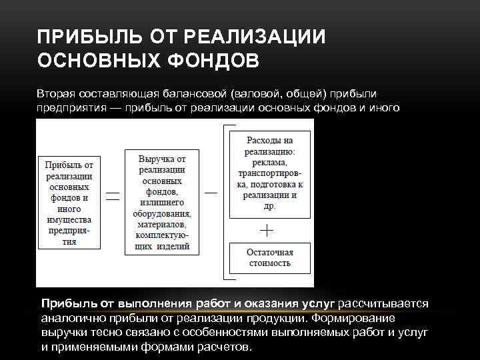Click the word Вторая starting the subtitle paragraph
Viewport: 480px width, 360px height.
56,94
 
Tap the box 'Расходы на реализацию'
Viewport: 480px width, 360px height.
269,173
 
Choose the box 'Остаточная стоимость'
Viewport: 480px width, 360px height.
269,257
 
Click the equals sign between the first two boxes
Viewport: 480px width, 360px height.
113,196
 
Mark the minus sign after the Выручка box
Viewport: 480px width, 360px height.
211,193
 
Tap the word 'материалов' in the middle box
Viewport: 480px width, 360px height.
163,225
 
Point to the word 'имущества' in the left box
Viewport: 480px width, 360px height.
70,219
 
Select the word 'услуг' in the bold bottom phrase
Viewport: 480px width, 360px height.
318,304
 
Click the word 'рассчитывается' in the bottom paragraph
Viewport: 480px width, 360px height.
383,304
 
